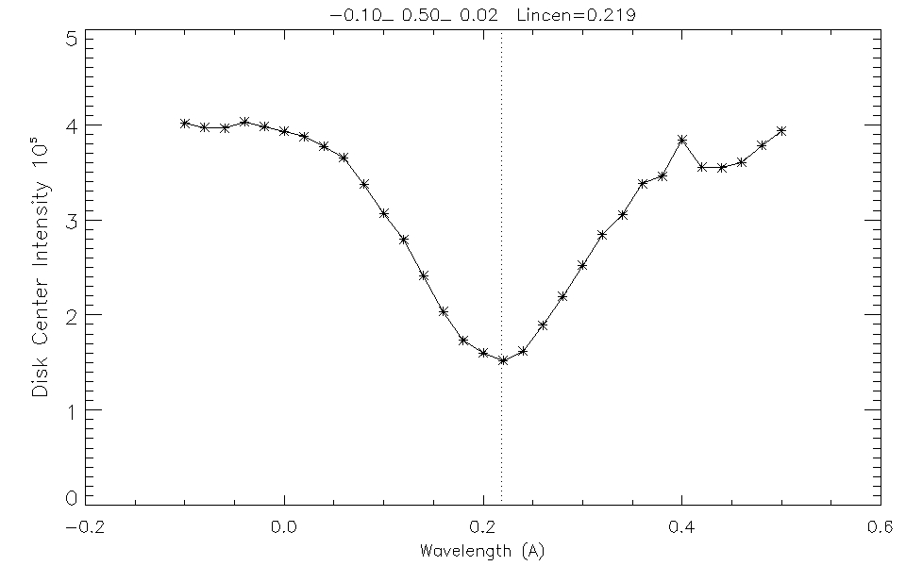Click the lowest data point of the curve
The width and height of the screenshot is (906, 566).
(x=503, y=360)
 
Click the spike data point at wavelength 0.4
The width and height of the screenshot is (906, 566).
(x=681, y=140)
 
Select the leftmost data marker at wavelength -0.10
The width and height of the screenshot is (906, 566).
(x=185, y=123)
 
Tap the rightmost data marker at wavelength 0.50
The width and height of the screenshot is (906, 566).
(x=781, y=130)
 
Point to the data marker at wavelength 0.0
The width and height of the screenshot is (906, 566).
(x=284, y=130)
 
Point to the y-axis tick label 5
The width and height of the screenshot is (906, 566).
(x=71, y=38)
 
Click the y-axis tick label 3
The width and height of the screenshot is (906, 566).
(x=71, y=220)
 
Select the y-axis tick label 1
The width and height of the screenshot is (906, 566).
(x=71, y=409)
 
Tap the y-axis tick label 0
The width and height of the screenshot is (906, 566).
(x=71, y=497)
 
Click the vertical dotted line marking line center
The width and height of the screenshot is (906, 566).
(x=501, y=236)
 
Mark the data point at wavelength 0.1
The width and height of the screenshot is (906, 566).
(x=384, y=213)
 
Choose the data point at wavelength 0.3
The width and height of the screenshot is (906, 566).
(x=582, y=265)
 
